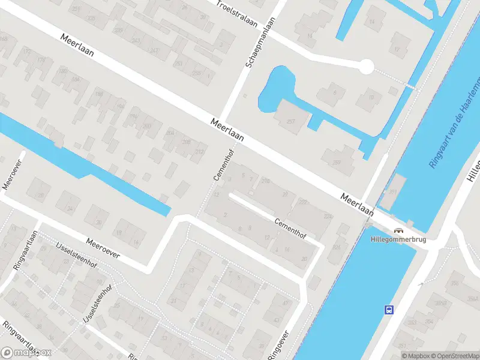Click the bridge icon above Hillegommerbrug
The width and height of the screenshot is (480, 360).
398,230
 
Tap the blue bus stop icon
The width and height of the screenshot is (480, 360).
389,310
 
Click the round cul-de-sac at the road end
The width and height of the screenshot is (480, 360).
366,66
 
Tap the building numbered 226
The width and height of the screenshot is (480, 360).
338,247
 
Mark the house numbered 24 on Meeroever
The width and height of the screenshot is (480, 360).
70,208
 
